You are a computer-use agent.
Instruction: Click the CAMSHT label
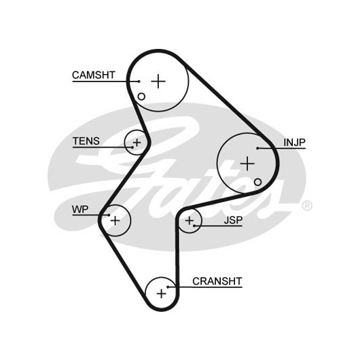click(94, 75)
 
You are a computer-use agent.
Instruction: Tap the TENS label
click(86, 141)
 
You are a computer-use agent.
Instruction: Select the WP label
click(80, 209)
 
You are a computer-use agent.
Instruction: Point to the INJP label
click(295, 143)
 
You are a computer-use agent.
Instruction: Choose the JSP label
click(233, 220)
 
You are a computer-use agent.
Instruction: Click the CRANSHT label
click(217, 281)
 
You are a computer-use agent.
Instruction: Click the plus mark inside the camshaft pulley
click(158, 81)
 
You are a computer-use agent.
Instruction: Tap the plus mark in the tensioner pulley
click(137, 143)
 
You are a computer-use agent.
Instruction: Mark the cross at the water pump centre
click(115, 221)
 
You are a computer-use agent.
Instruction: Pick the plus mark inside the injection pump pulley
click(247, 164)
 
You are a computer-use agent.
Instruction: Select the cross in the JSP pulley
click(190, 221)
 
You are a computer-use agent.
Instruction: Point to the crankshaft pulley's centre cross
click(162, 293)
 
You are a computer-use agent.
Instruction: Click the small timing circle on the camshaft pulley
click(141, 96)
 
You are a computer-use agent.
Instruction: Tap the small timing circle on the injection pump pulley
click(258, 182)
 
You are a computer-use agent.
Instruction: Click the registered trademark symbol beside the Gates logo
click(307, 206)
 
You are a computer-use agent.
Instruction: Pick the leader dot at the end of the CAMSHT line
click(139, 82)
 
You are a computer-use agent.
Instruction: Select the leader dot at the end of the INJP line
click(257, 148)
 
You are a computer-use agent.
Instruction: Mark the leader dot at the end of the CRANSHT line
click(168, 287)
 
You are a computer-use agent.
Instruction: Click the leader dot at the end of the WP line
click(109, 215)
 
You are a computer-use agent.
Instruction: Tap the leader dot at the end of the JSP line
click(194, 226)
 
